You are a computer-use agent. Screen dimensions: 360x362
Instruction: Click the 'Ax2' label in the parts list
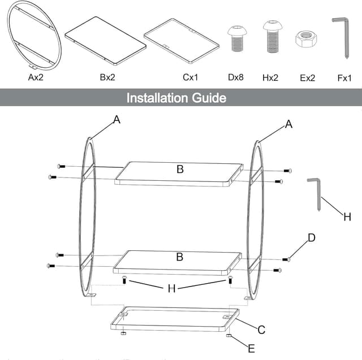(36, 77)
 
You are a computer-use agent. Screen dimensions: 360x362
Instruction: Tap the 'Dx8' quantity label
(236, 77)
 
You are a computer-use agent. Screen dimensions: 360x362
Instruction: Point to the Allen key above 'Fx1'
(341, 35)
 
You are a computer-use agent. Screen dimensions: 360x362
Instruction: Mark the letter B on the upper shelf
(180, 169)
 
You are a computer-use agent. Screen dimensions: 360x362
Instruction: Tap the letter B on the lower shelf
(180, 257)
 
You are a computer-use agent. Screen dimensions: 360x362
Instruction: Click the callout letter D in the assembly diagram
(311, 238)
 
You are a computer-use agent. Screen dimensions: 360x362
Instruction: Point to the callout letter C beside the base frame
(261, 329)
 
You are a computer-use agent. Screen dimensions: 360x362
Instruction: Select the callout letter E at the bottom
(251, 348)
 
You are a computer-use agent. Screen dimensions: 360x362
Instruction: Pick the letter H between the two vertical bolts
(171, 289)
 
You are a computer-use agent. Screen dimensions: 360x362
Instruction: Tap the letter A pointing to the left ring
(117, 120)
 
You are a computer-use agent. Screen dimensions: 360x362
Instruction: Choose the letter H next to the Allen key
(347, 216)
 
